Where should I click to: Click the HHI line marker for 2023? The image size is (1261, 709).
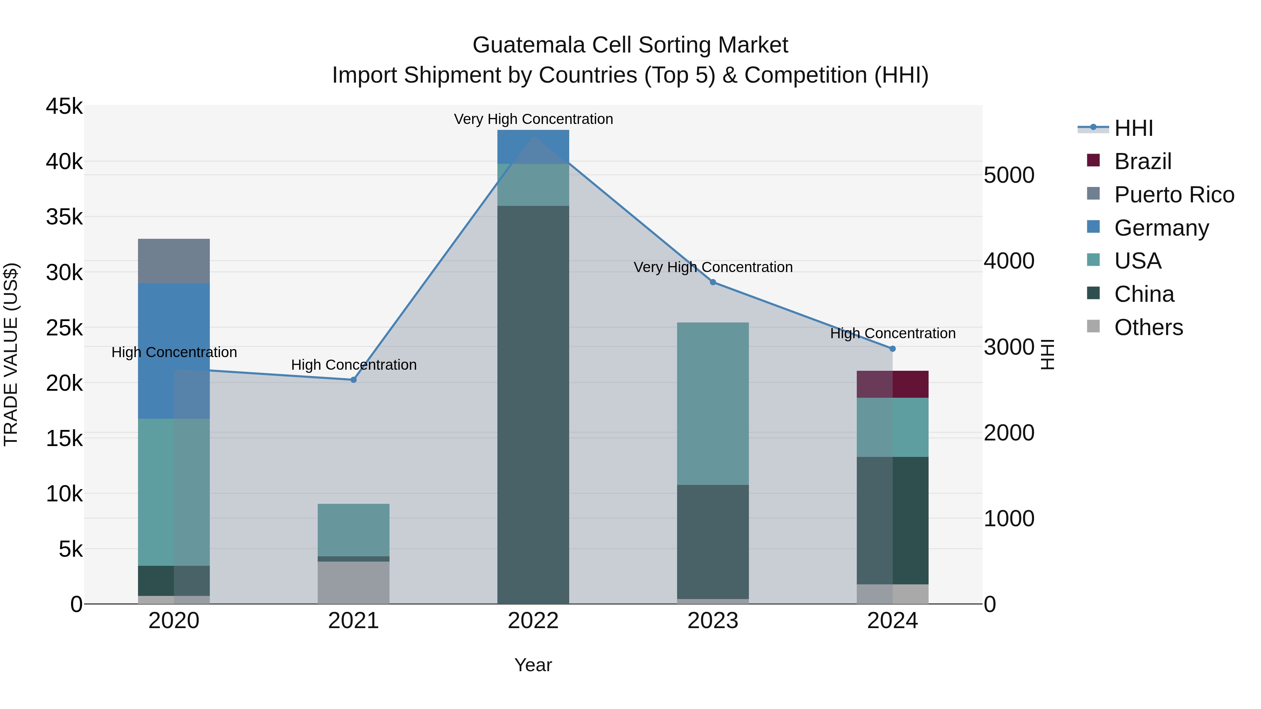(x=713, y=282)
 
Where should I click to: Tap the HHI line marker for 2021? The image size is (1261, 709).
(x=353, y=380)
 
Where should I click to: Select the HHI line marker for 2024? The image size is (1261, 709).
(x=893, y=349)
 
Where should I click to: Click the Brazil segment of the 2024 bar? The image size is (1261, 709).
(x=893, y=384)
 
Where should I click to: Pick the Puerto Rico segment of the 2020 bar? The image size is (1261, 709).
(x=174, y=261)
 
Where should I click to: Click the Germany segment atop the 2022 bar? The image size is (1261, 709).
(x=533, y=147)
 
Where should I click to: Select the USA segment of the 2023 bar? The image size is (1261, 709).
(x=713, y=403)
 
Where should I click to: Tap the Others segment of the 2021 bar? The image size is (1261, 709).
(x=353, y=582)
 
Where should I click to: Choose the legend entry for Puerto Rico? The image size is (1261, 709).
(x=1174, y=195)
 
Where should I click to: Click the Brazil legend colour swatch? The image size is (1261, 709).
(x=1093, y=160)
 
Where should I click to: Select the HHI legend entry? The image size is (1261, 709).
(x=1133, y=128)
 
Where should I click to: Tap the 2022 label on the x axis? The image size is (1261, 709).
(x=533, y=621)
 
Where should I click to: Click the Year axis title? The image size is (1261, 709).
(x=533, y=665)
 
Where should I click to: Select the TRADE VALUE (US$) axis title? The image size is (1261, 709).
(x=11, y=354)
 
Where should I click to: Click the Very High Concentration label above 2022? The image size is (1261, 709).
(x=533, y=119)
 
